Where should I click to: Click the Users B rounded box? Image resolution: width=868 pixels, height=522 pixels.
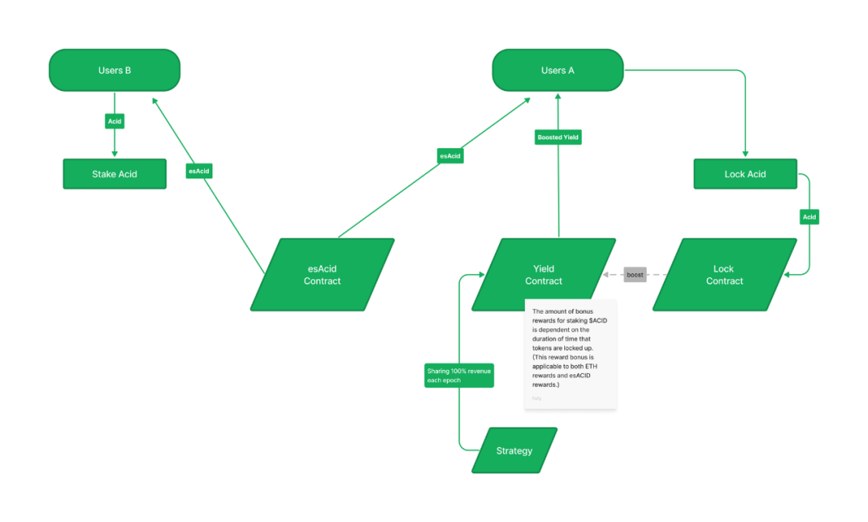(x=114, y=70)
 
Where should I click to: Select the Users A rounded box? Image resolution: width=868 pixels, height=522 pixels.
(x=558, y=70)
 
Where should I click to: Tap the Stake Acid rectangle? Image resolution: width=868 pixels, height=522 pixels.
(x=114, y=174)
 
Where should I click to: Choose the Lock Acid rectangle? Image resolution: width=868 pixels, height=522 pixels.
(x=745, y=174)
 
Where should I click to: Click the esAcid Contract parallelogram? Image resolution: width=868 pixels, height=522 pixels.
(x=322, y=274)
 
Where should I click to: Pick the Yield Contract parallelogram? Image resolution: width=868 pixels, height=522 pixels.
(x=543, y=274)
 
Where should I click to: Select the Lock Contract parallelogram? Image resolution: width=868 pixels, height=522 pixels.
(x=724, y=274)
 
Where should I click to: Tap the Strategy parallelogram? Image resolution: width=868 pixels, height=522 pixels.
(x=514, y=450)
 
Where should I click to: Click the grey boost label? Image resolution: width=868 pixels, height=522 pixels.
(x=635, y=275)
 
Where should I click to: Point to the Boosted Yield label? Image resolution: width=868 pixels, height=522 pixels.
(x=558, y=138)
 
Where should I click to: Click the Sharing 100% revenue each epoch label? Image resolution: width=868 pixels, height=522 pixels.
(x=459, y=375)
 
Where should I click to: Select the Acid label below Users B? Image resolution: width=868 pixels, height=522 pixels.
(x=114, y=121)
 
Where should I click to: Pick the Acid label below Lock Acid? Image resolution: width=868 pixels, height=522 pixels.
(x=809, y=217)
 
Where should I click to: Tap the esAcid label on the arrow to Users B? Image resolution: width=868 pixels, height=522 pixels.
(x=199, y=171)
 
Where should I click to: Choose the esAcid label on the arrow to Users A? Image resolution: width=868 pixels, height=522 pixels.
(x=450, y=155)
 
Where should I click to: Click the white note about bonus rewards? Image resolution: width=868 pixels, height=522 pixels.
(x=570, y=354)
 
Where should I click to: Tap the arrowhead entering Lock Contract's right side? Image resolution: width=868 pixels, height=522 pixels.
(x=788, y=275)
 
